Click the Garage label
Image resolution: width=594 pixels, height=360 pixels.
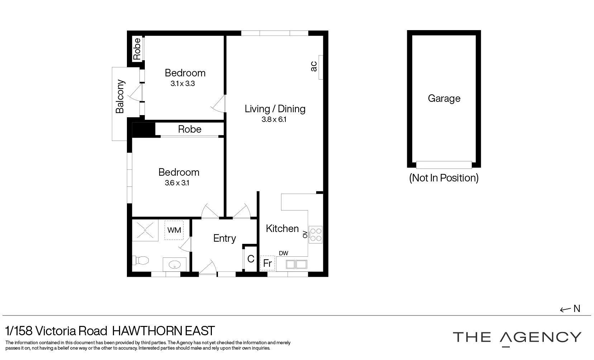click(444, 98)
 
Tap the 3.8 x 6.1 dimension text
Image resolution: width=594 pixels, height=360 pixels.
click(274, 120)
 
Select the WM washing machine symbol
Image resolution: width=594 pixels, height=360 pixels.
click(174, 230)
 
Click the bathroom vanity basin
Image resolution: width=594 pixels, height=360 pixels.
click(175, 265)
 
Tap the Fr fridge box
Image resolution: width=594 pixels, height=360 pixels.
click(267, 263)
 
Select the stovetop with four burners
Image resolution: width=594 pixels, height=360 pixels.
click(315, 235)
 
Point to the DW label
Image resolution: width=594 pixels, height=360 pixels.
click(283, 253)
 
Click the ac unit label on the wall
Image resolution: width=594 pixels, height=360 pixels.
click(314, 66)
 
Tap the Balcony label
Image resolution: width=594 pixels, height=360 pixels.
click(120, 96)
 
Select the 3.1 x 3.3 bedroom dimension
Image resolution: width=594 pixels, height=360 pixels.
click(182, 84)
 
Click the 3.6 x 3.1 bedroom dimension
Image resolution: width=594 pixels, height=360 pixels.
click(177, 183)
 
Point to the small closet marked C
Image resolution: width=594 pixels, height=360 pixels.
click(251, 259)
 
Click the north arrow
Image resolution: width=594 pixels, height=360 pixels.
click(570, 309)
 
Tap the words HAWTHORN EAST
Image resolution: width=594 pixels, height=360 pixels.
click(163, 331)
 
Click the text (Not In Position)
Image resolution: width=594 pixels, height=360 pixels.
click(444, 178)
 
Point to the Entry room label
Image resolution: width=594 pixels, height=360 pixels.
click(224, 238)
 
